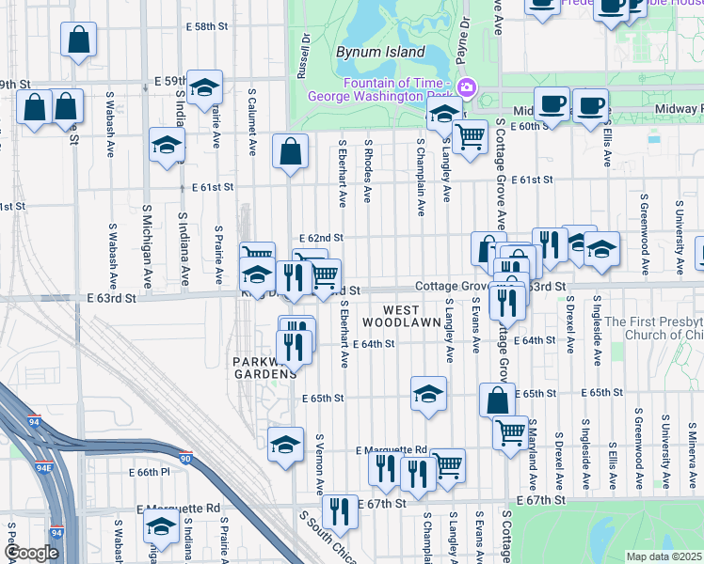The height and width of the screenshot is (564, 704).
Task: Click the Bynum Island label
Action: [380, 53]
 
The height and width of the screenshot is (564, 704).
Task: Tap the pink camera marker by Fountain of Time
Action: [465, 88]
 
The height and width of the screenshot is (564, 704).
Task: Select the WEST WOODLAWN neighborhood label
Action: [412, 316]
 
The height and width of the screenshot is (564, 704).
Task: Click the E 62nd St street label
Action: [321, 239]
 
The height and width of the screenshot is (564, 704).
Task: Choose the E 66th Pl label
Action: [148, 472]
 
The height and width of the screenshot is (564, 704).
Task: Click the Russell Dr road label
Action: [303, 58]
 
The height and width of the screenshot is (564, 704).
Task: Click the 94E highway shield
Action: [43, 466]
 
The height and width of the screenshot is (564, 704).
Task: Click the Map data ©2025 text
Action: [664, 556]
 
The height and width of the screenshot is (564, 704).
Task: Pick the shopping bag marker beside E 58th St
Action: [79, 39]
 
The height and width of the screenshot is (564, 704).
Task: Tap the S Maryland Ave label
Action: [533, 454]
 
